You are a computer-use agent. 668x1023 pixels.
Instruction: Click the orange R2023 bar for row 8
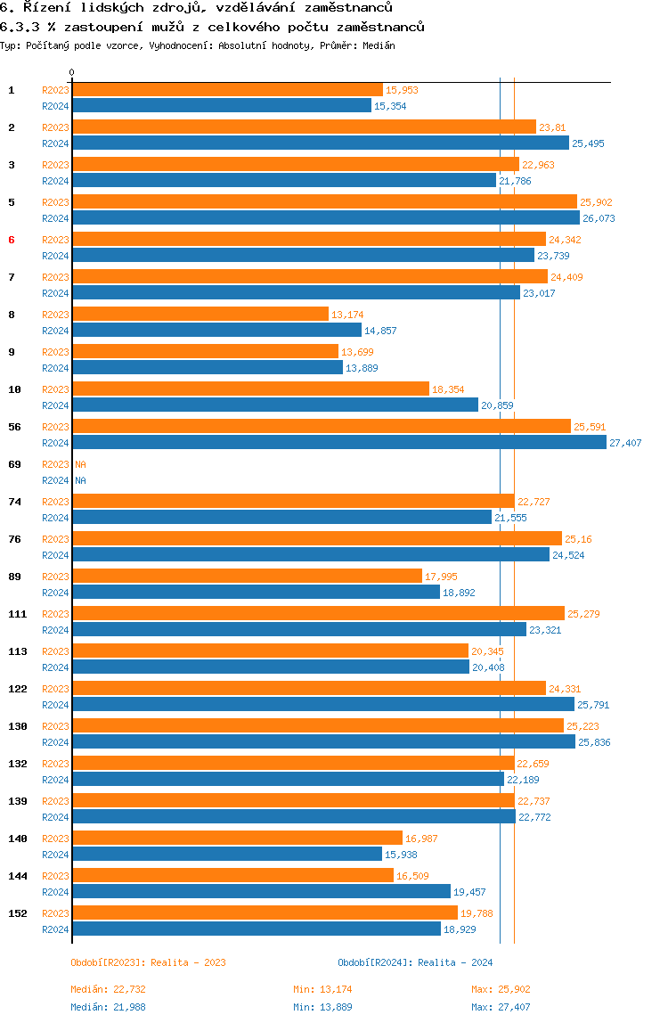pyautogui.click(x=200, y=314)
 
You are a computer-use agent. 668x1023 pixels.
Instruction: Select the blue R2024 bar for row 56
pyautogui.click(x=339, y=442)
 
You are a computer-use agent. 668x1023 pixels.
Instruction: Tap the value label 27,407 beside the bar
pyautogui.click(x=625, y=443)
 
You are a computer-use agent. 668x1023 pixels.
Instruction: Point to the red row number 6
pyautogui.click(x=11, y=240)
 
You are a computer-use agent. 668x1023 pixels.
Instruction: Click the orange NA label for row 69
pyautogui.click(x=80, y=464)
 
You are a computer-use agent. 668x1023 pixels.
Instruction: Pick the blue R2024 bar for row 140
pyautogui.click(x=227, y=854)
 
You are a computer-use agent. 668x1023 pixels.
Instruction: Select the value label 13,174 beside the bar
pyautogui.click(x=347, y=315)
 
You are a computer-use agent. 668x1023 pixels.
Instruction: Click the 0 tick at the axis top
pyautogui.click(x=72, y=72)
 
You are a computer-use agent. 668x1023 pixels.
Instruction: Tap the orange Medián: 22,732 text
pyautogui.click(x=109, y=989)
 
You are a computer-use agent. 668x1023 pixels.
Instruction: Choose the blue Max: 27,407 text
pyautogui.click(x=501, y=1007)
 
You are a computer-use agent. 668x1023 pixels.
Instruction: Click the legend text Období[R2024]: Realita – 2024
pyautogui.click(x=415, y=962)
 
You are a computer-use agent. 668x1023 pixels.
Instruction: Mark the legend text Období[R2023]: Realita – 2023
pyautogui.click(x=148, y=962)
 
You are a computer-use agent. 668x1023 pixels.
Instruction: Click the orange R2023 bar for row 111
pyautogui.click(x=318, y=613)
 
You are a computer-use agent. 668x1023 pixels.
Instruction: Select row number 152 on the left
pyautogui.click(x=18, y=913)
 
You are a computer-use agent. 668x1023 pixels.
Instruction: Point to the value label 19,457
pyautogui.click(x=469, y=892)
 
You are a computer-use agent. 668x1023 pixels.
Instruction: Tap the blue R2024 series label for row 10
pyautogui.click(x=55, y=405)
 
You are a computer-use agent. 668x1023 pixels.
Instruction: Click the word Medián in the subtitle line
pyautogui.click(x=379, y=45)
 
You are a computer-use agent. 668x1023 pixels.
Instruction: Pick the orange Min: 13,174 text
pyautogui.click(x=322, y=989)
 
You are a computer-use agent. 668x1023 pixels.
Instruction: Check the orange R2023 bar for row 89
pyautogui.click(x=248, y=576)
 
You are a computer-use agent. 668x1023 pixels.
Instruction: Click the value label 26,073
pyautogui.click(x=599, y=218)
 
